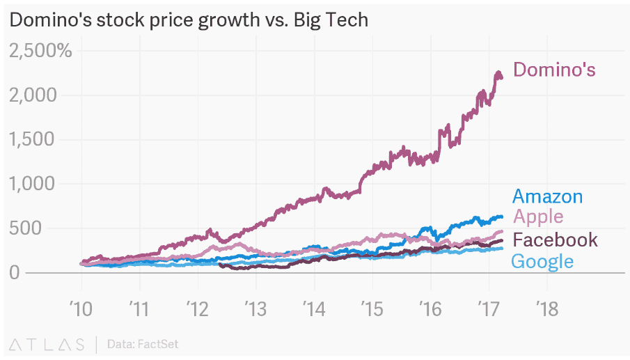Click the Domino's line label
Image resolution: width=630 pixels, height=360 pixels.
[554, 70]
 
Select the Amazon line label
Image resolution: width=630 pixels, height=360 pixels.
[547, 196]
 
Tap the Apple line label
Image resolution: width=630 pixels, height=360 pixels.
[538, 217]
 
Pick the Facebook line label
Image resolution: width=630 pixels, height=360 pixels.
[555, 240]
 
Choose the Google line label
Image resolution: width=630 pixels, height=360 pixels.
[542, 262]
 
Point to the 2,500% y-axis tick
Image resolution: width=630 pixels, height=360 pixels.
[40, 50]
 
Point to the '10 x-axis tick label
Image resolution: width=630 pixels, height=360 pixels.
[81, 309]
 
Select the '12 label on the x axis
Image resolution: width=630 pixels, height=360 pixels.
[198, 309]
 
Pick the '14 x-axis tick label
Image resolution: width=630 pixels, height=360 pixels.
[314, 309]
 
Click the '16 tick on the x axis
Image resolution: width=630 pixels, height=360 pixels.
[430, 309]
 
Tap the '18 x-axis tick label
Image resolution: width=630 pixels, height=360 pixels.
[546, 309]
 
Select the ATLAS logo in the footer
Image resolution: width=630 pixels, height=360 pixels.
[47, 344]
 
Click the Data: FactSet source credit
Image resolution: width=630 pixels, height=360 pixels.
[143, 344]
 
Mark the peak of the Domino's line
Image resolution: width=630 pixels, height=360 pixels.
[498, 72]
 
